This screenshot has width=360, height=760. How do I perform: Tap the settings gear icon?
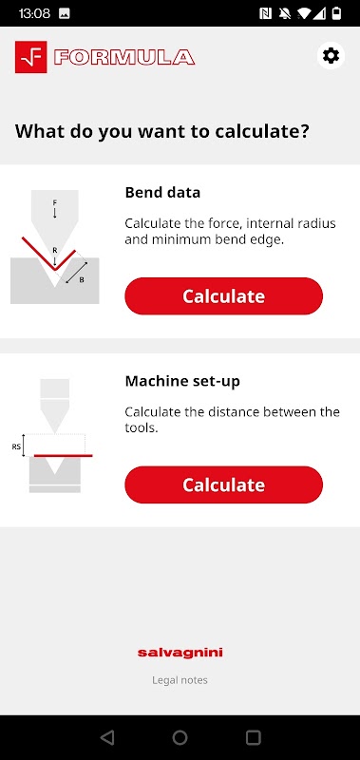[331, 56]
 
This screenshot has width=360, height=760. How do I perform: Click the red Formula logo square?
[31, 57]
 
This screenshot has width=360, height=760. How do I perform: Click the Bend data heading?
[162, 193]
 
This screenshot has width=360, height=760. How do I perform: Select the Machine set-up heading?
[182, 382]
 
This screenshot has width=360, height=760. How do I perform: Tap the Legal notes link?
[180, 680]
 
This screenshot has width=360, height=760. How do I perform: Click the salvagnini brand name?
[180, 653]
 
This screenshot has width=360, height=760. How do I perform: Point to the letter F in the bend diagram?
[55, 202]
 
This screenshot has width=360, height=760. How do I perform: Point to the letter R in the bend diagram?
[55, 251]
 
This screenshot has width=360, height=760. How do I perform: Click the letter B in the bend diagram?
[82, 279]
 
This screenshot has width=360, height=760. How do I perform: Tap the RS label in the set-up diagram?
[16, 446]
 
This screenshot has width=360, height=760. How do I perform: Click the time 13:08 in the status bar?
[34, 13]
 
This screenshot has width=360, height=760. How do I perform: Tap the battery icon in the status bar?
[336, 13]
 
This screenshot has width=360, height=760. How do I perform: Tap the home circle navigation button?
[180, 738]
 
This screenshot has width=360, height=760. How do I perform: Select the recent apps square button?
[254, 738]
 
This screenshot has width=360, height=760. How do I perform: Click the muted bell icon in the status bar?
[284, 13]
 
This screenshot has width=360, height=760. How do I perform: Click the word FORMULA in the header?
[124, 57]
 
